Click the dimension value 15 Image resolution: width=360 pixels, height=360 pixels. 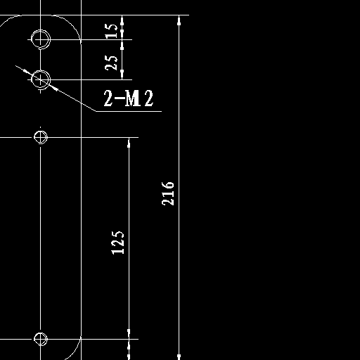pyautogui.click(x=111, y=31)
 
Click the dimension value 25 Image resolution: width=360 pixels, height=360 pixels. pyautogui.click(x=111, y=63)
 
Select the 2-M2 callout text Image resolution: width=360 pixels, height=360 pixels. pyautogui.click(x=129, y=98)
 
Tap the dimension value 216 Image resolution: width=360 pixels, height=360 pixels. pyautogui.click(x=168, y=193)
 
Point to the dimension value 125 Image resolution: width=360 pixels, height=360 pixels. pyautogui.click(x=117, y=243)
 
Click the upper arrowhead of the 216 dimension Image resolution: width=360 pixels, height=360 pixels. pyautogui.click(x=179, y=20)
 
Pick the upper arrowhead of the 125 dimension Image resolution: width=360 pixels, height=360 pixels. pyautogui.click(x=129, y=143)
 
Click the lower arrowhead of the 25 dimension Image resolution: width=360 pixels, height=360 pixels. pyautogui.click(x=122, y=75)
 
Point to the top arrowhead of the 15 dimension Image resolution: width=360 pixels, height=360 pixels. pyautogui.click(x=122, y=20)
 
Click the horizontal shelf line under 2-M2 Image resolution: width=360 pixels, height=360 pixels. pyautogui.click(x=129, y=111)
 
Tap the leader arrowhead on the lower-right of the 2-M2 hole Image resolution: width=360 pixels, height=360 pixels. pyautogui.click(x=54, y=88)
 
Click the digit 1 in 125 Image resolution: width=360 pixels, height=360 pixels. pyautogui.click(x=117, y=252)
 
